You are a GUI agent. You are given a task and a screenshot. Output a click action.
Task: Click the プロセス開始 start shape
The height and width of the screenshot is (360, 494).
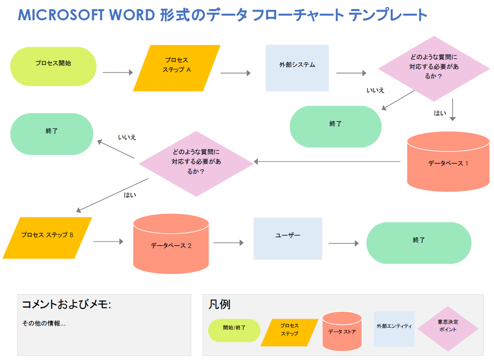[53, 66]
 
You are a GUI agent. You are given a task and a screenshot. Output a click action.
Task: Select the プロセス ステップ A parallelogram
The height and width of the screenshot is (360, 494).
[177, 68]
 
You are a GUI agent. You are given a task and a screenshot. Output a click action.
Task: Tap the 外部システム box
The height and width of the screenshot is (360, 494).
[297, 68]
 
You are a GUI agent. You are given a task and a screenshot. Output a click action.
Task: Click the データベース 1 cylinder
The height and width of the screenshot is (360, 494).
[448, 163]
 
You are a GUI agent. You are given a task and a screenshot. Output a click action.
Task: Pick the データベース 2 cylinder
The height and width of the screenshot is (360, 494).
[171, 246]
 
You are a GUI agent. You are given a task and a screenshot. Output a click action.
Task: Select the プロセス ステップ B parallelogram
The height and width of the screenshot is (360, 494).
[47, 238]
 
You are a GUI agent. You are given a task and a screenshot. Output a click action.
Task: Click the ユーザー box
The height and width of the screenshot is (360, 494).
[288, 238]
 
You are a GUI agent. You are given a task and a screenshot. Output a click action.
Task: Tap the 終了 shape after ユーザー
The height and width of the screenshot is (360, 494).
[419, 243]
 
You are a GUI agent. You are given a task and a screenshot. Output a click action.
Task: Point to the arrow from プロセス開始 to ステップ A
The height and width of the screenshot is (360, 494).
[117, 72]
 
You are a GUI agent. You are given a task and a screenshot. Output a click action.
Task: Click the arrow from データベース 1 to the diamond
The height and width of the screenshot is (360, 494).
[327, 161]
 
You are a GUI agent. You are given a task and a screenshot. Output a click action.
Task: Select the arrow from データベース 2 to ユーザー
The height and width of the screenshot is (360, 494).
[228, 243]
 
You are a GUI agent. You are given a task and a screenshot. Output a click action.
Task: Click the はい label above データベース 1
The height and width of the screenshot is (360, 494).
[440, 113]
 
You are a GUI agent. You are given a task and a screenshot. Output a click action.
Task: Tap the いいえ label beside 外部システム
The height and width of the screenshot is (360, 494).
[375, 90]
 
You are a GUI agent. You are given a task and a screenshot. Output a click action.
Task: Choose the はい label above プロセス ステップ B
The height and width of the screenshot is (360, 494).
[130, 195]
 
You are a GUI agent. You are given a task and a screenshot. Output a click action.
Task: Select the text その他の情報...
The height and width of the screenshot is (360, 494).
[44, 323]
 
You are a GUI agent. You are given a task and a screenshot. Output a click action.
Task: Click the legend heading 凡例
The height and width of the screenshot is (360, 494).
[219, 305]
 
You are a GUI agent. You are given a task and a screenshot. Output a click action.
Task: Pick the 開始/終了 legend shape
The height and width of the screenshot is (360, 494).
[234, 330]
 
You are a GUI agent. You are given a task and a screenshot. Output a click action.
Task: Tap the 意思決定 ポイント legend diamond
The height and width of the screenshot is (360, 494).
[448, 328]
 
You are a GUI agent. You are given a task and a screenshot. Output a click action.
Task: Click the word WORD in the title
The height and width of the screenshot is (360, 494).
[132, 15]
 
